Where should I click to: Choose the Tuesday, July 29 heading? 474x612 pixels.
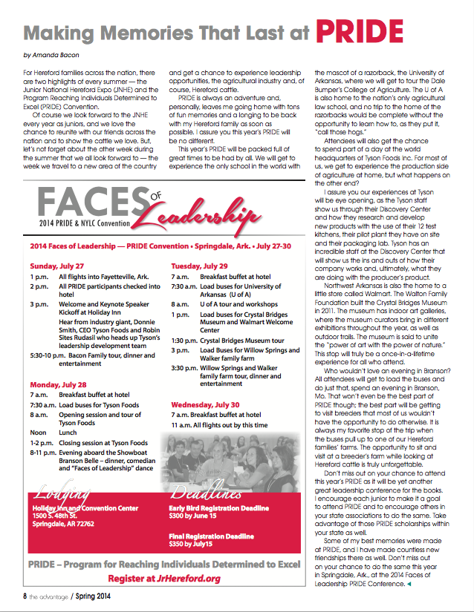pos(200,266)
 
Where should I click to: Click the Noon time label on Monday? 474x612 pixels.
pos(38,432)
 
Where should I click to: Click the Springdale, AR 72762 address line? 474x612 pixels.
pos(62,524)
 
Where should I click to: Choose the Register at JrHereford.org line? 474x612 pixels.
pos(164,579)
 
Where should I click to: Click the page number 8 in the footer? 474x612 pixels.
pos(25,595)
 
